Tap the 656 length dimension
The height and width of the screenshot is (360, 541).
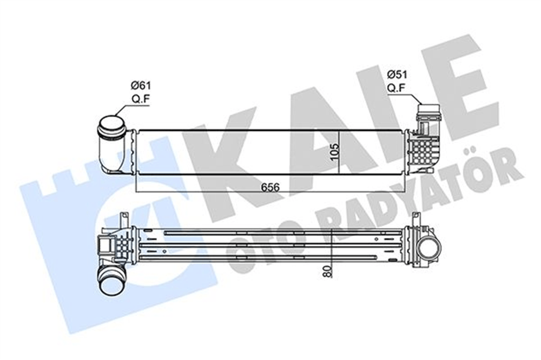(270, 187)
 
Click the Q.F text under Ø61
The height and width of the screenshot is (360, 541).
(141, 99)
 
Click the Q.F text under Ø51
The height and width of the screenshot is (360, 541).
(396, 88)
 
